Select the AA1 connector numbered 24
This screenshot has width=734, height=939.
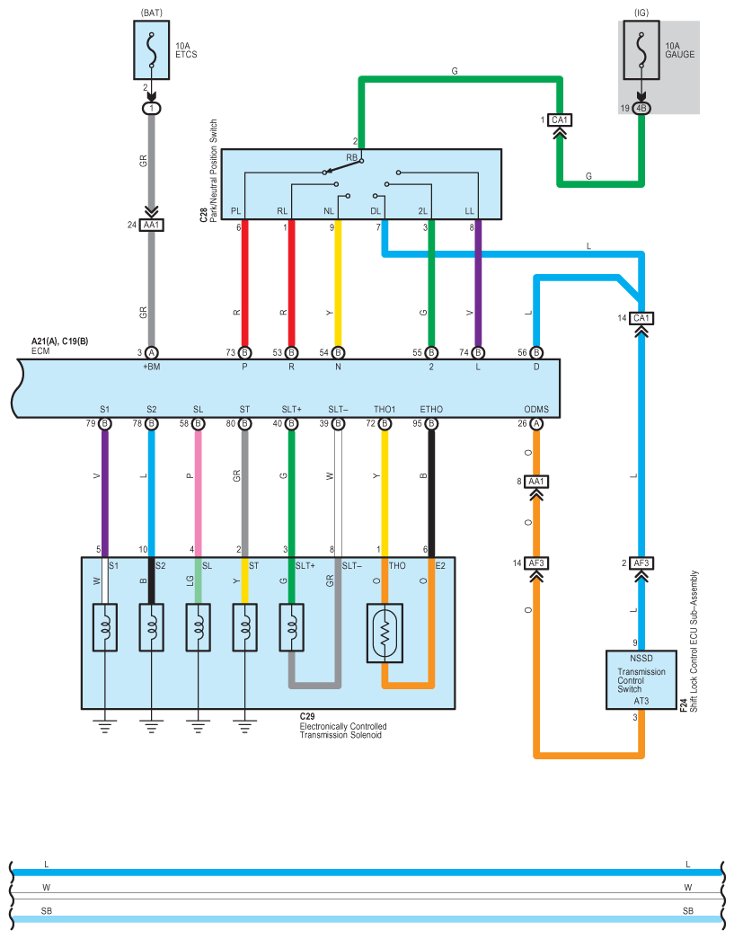(x=152, y=225)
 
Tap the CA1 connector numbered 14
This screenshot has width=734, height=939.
(x=641, y=318)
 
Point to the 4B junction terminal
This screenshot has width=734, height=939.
(x=641, y=108)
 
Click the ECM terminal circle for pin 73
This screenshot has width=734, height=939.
(x=244, y=352)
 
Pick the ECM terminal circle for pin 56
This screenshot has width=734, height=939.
(x=535, y=352)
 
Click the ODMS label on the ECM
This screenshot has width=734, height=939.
(x=537, y=410)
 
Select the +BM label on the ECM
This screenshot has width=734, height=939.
(x=151, y=367)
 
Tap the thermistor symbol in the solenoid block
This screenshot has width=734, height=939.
(x=385, y=633)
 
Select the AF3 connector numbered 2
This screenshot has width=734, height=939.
(x=641, y=563)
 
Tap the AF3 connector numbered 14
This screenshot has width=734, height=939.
(x=537, y=563)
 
